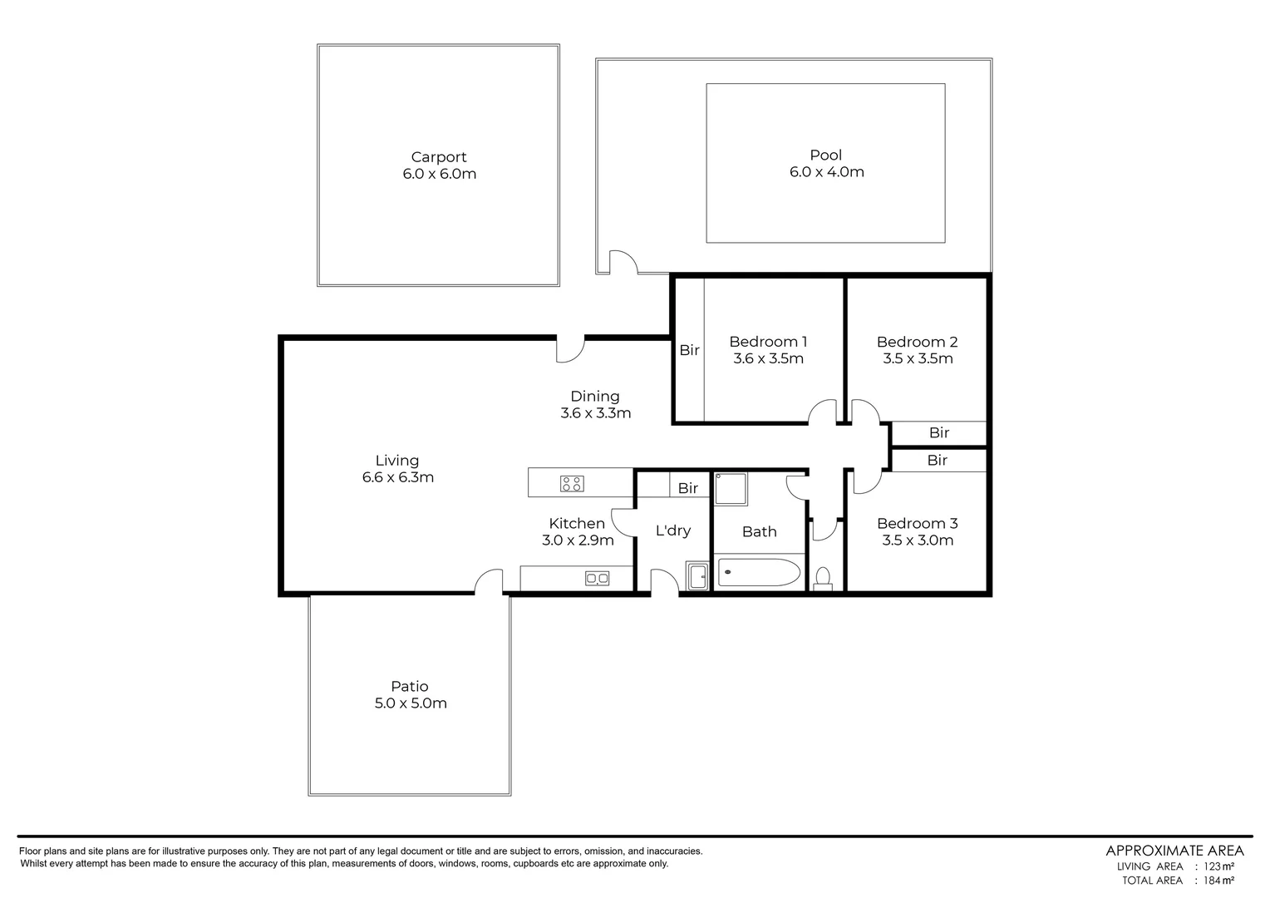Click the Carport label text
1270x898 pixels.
tap(438, 157)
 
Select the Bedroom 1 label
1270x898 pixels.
tap(768, 342)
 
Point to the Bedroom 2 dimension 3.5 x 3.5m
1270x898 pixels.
tap(917, 359)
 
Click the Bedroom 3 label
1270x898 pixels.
tap(917, 523)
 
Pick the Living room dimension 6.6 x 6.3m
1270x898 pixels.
tap(397, 477)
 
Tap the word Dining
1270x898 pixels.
tap(594, 397)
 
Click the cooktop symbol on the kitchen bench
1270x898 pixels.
tap(571, 483)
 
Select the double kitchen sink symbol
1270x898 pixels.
tap(597, 578)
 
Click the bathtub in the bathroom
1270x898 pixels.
tap(758, 573)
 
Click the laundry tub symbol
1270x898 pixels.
tap(697, 575)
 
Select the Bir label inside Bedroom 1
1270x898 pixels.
tap(689, 350)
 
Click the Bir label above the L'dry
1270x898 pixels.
tap(687, 488)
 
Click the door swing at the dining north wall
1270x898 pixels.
tap(570, 348)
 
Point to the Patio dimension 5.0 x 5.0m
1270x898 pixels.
tap(410, 703)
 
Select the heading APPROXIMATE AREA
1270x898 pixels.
tap(1174, 850)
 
